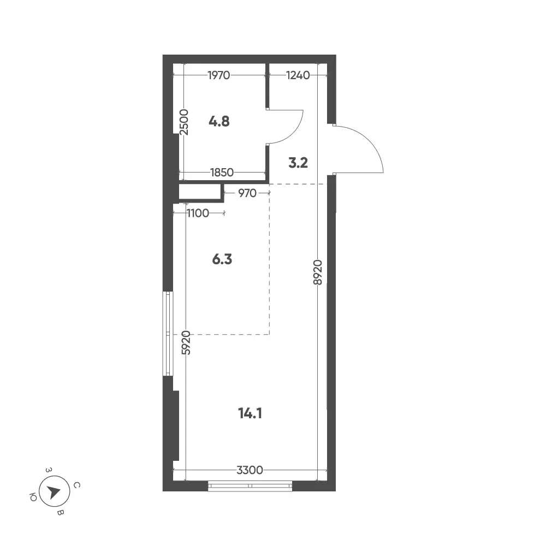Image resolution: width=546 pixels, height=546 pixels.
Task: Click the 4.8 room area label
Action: click(219, 122)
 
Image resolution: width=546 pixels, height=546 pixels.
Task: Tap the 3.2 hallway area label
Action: click(298, 163)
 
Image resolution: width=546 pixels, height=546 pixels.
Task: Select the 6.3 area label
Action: click(222, 259)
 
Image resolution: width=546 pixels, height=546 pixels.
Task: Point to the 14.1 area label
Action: click(250, 413)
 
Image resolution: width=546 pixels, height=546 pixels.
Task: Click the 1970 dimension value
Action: click(219, 75)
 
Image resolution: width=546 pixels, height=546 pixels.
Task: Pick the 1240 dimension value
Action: click(298, 75)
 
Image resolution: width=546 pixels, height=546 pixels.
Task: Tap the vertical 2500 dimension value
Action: click(184, 122)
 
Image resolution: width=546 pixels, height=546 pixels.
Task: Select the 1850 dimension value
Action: click(222, 173)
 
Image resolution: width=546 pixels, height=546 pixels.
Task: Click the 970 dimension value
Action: click(247, 193)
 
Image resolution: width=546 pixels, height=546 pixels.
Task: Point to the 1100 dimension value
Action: click(198, 213)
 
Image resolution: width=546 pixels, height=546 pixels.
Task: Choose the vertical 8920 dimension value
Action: click(318, 272)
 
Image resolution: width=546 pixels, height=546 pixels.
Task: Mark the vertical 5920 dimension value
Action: click(186, 343)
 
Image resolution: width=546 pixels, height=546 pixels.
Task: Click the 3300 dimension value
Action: click(250, 471)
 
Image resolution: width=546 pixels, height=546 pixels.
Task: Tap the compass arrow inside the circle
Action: click(54, 492)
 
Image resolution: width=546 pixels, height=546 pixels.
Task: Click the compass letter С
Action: click(78, 485)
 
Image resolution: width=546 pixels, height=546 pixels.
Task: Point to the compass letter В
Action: click(60, 513)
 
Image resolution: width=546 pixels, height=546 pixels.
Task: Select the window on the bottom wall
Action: click(250, 486)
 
